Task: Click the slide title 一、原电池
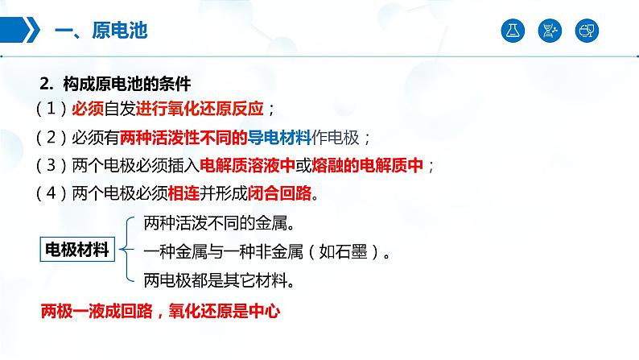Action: tap(100, 31)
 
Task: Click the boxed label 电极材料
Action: tap(76, 249)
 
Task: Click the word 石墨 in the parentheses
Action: tap(348, 251)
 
